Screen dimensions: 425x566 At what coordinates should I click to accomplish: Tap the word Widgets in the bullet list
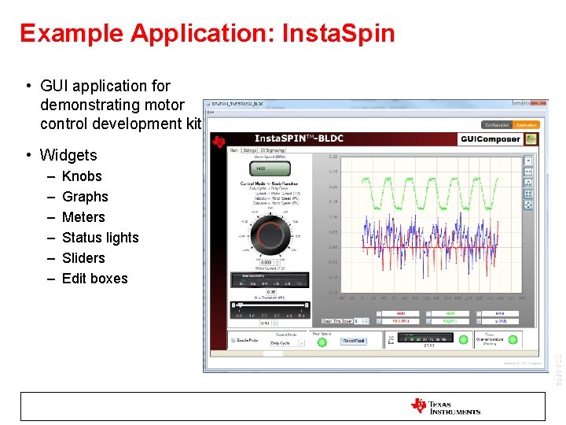coord(68,155)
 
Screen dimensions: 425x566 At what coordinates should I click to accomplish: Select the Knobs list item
coord(82,176)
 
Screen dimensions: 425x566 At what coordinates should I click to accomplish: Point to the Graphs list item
coord(85,197)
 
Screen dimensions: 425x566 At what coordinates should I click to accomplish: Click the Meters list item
coord(83,217)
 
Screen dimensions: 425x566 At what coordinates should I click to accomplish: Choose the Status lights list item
coord(100,238)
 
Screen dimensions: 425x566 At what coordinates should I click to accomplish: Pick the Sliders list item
coord(83,258)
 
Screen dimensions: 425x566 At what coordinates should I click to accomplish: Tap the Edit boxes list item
coord(94,279)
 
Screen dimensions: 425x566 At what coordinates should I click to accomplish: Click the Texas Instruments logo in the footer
coord(445,406)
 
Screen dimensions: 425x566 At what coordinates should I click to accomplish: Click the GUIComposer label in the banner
coord(491,139)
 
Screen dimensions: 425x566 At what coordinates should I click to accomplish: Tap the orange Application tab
coord(526,124)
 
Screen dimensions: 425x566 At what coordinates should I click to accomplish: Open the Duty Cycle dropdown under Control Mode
coord(287,343)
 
